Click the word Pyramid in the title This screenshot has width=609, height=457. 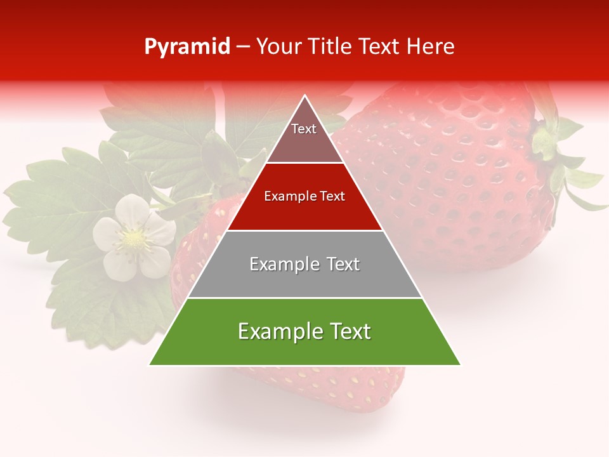pos(187,47)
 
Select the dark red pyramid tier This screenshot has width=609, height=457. pos(304,197)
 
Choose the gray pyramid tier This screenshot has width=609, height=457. pos(304,264)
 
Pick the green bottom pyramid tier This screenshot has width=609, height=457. pos(304,332)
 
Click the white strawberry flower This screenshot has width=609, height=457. pos(134,238)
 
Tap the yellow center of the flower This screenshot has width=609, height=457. pos(134,239)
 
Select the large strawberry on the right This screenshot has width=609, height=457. pos(457,178)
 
